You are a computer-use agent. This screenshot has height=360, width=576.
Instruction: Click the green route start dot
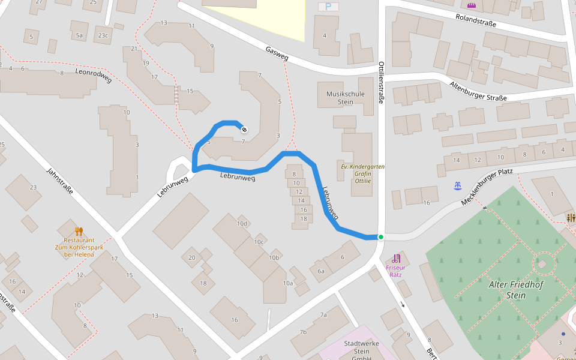click(x=380, y=237)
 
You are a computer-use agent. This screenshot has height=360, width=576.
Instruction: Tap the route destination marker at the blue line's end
click(x=244, y=128)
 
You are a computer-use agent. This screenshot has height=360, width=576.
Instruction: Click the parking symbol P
click(x=328, y=7)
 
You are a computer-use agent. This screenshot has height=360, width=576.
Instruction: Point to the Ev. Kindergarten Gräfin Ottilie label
click(x=363, y=173)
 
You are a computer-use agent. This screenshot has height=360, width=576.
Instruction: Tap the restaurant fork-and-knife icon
click(x=79, y=231)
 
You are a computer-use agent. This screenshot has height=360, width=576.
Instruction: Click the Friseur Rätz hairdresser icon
click(x=396, y=259)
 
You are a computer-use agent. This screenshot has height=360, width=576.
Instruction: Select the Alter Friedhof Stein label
click(x=516, y=290)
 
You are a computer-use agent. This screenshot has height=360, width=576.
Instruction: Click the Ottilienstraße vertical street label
click(x=381, y=83)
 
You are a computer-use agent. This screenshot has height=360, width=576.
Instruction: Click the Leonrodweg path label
click(x=94, y=76)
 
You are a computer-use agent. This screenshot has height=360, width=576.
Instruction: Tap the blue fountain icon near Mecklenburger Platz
click(x=458, y=185)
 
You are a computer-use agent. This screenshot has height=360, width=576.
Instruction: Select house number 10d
click(x=242, y=224)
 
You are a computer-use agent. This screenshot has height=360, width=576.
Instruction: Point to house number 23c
click(x=103, y=35)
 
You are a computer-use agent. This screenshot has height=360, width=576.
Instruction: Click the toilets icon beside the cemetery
click(x=570, y=218)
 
